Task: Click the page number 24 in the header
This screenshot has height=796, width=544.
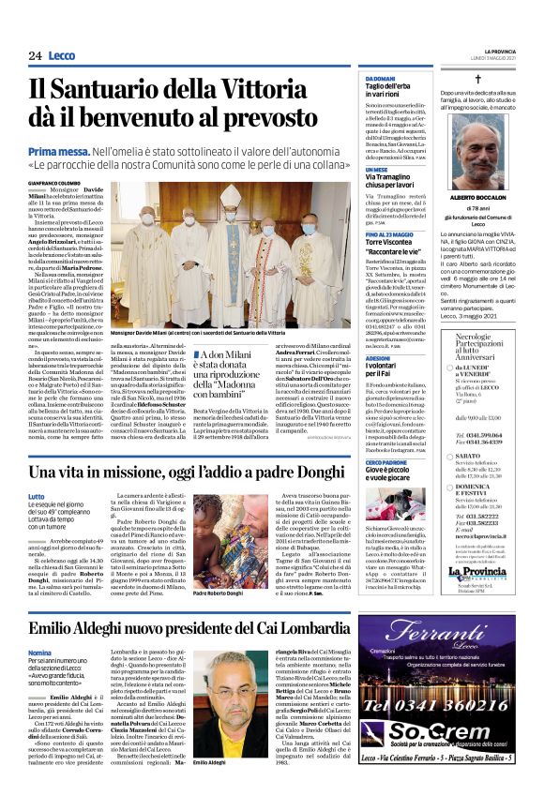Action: click(35, 55)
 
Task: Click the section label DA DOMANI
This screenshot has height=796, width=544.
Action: click(381, 78)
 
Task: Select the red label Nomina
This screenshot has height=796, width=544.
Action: click(39, 652)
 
